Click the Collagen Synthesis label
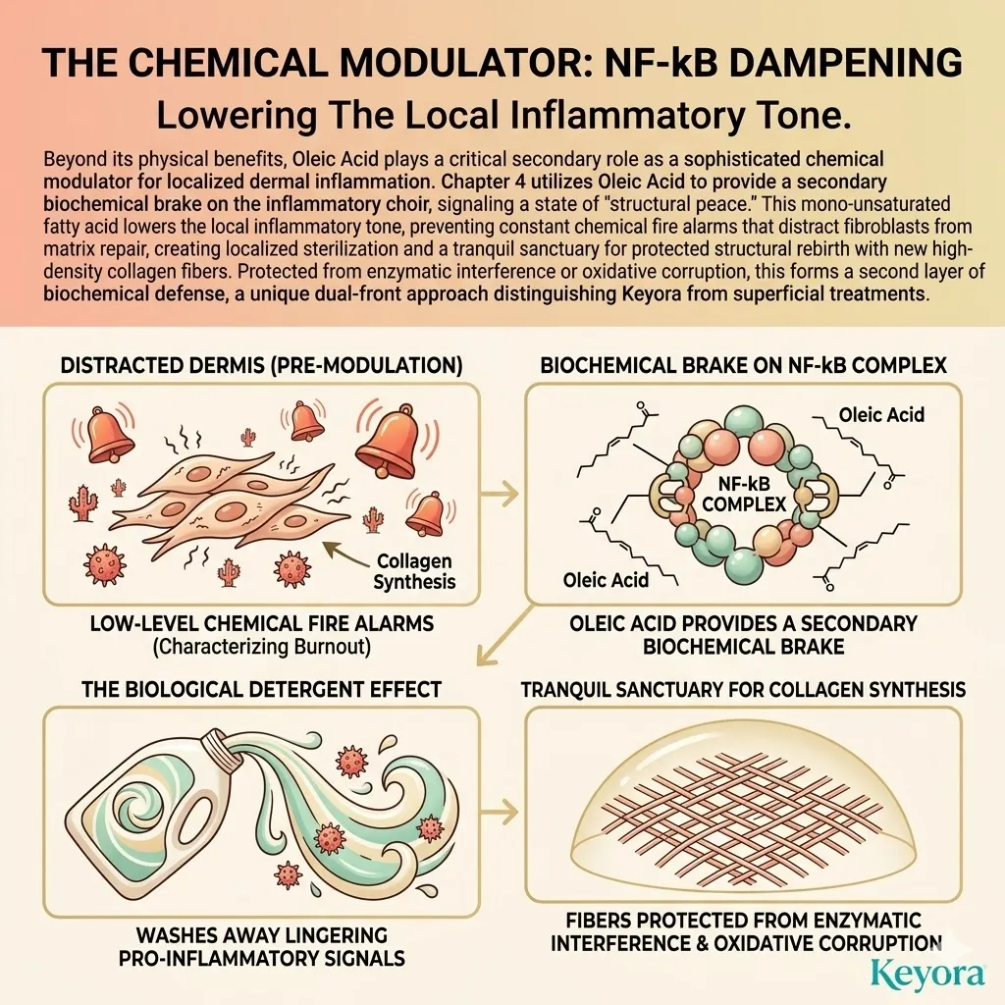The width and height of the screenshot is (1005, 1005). (414, 571)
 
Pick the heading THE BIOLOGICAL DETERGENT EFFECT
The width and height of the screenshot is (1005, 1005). (261, 690)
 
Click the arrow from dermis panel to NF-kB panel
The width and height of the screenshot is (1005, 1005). (500, 493)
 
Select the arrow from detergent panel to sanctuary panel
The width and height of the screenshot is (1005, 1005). (500, 813)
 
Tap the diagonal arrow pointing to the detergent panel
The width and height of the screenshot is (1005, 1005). (506, 634)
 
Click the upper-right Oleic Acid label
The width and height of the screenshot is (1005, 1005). (881, 415)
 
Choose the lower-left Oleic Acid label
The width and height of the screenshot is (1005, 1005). (606, 580)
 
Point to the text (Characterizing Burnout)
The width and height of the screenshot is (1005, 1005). (261, 647)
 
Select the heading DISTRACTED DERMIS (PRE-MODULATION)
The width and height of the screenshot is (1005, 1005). (261, 365)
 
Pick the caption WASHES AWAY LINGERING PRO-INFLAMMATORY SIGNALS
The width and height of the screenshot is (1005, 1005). (261, 947)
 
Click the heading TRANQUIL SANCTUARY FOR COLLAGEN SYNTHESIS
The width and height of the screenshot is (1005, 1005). (744, 690)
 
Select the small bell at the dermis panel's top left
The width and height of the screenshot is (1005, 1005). (103, 435)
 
